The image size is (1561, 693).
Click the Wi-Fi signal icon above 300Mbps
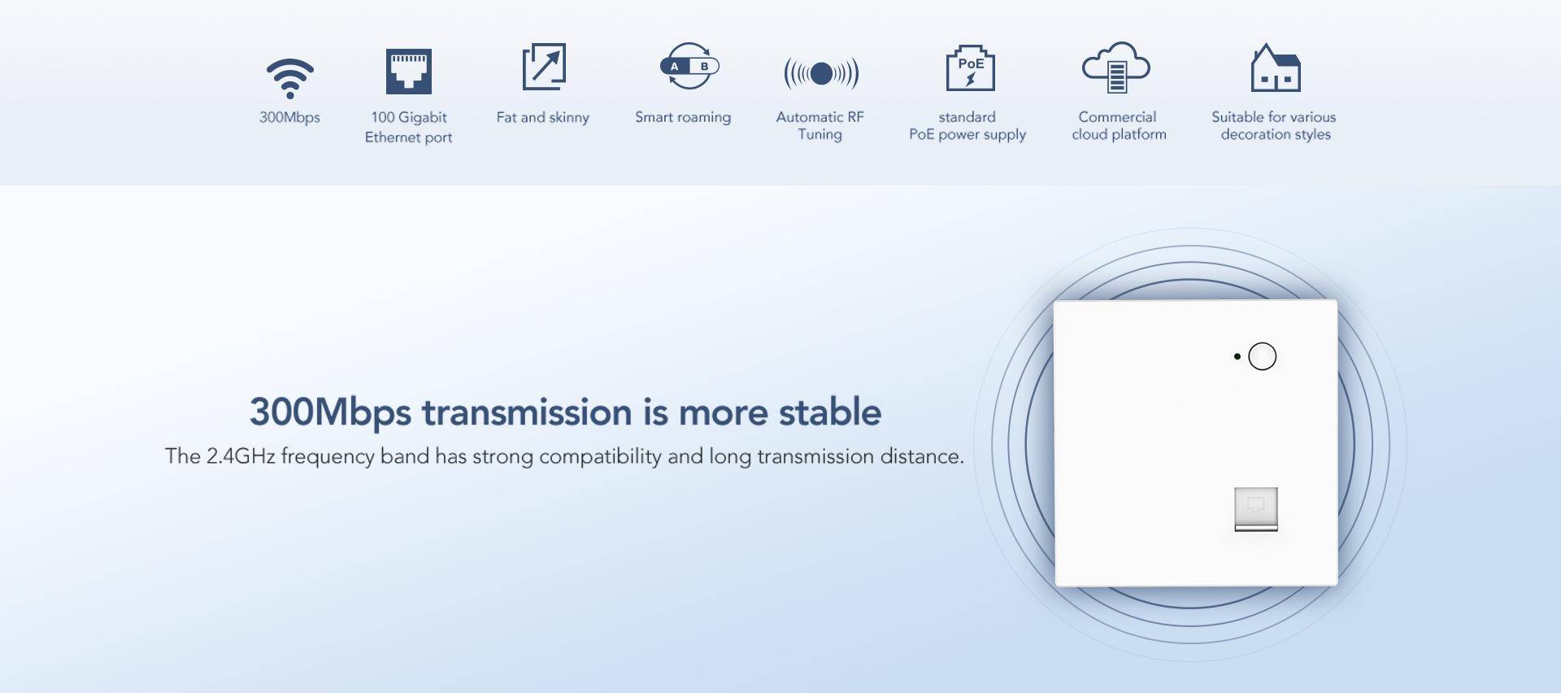[x=290, y=79]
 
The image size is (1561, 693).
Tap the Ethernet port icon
[x=409, y=72]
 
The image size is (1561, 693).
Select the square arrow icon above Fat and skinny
[x=544, y=67]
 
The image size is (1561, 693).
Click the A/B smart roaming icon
[x=689, y=66]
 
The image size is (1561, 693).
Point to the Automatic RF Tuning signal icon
[x=821, y=74]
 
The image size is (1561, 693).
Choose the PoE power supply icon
[x=971, y=68]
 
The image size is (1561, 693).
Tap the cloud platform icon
[x=1116, y=68]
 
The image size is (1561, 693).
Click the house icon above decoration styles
[x=1276, y=68]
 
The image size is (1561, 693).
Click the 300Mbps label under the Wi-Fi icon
[x=289, y=117]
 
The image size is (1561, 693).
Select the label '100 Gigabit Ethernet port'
[x=409, y=127]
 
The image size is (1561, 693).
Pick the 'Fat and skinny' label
[x=543, y=118]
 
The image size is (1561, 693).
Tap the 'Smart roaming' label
[x=683, y=118]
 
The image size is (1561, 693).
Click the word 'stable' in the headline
[x=830, y=412]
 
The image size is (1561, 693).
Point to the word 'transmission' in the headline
[x=527, y=412]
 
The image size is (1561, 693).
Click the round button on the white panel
[x=1263, y=356]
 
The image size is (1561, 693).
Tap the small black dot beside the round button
[x=1237, y=356]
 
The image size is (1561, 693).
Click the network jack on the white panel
[x=1256, y=509]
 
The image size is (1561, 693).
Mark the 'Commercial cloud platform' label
[x=1119, y=126]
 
